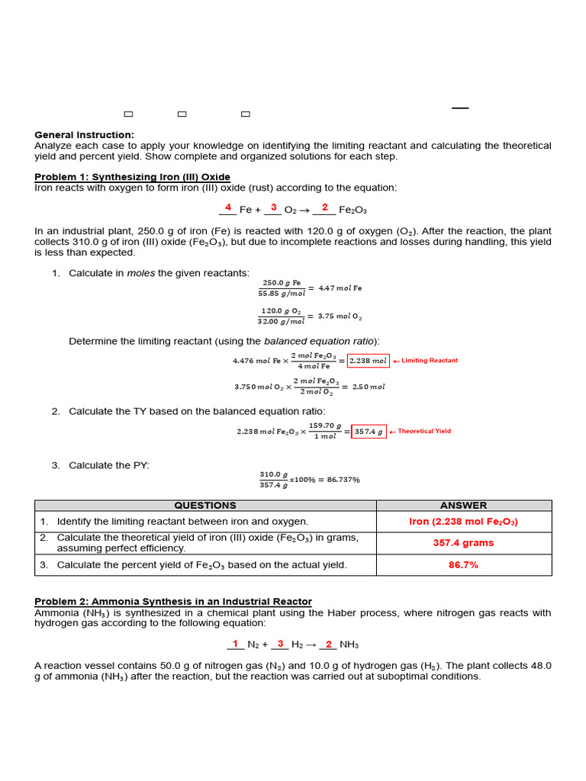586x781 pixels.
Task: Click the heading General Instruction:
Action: click(84, 135)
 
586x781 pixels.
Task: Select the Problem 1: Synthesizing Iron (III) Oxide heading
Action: click(132, 177)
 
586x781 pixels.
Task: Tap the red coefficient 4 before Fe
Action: click(228, 207)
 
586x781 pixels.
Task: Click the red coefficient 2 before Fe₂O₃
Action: click(325, 207)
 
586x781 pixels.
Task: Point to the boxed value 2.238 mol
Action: click(368, 361)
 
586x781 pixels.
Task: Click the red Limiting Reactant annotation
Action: click(430, 361)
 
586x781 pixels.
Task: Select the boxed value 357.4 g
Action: click(369, 432)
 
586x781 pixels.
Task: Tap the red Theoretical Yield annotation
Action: click(424, 431)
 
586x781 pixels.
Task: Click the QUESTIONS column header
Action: click(205, 506)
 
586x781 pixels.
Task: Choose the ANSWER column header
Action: click(463, 506)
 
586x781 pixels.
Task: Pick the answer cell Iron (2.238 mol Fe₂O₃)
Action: click(463, 522)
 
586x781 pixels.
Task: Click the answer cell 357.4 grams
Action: click(463, 543)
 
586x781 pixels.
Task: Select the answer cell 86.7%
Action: click(463, 565)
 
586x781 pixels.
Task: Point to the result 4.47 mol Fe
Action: click(340, 288)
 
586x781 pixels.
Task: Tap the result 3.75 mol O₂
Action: click(340, 316)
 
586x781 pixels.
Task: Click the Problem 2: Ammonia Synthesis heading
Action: click(173, 602)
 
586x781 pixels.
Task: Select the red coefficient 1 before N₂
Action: click(235, 644)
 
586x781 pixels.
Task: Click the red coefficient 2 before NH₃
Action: click(329, 644)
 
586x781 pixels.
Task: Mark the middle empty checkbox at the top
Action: click(182, 114)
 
